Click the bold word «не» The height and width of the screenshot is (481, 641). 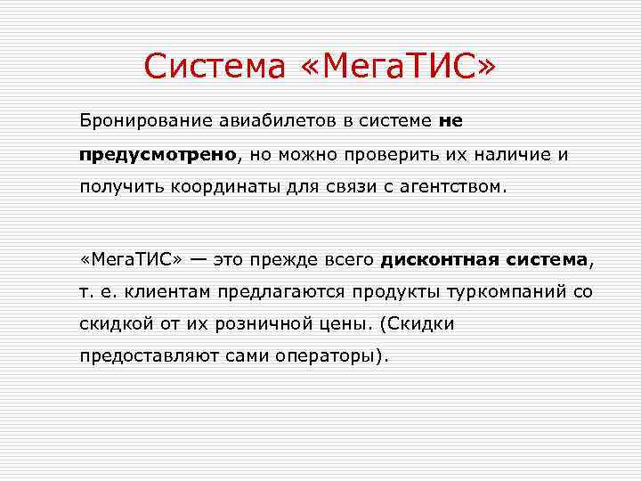coord(450,119)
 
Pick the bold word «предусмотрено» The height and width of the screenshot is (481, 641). coord(158,154)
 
